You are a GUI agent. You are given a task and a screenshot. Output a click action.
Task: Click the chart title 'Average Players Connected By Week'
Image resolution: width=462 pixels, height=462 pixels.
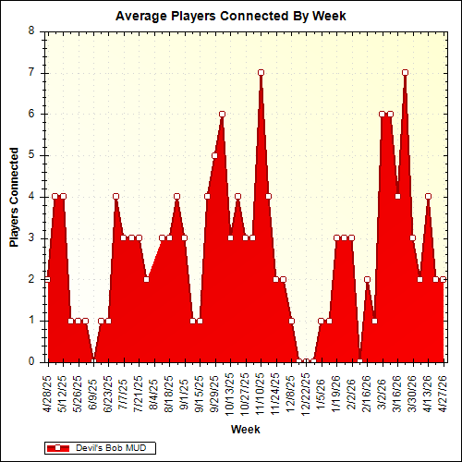pos(231,16)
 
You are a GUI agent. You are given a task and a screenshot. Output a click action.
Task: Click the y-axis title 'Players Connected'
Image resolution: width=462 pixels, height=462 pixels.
pos(15,196)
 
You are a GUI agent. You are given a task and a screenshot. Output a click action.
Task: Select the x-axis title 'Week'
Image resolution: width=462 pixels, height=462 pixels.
pos(245,430)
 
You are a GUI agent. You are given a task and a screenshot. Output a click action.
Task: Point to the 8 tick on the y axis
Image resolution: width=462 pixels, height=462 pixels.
pos(31,30)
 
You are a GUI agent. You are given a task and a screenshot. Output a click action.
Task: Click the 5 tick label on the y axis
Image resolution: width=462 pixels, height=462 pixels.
pos(31,155)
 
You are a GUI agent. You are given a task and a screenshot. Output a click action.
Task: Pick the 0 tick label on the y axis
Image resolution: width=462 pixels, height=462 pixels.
pos(31,362)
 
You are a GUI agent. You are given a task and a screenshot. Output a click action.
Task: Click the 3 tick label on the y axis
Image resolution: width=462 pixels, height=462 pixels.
pos(31,237)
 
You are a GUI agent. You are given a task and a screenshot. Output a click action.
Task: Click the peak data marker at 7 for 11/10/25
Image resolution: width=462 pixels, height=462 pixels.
pos(261,72)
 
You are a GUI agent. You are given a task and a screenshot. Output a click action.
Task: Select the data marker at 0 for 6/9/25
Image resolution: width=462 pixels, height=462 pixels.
pos(92,361)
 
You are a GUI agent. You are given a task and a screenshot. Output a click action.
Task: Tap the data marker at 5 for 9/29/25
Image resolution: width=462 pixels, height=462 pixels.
pos(214,155)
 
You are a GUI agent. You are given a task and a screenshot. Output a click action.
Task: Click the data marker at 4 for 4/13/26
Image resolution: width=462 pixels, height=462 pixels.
pos(428,196)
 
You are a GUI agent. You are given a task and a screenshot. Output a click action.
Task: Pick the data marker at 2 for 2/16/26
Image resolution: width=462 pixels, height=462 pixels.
pos(367,279)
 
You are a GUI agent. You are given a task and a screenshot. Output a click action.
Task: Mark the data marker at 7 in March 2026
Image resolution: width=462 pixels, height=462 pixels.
pos(405,72)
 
